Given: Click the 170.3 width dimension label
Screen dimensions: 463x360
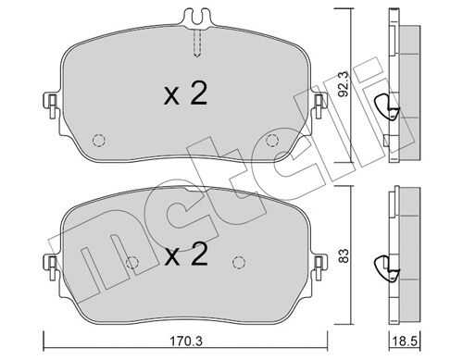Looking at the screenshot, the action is pos(186,341).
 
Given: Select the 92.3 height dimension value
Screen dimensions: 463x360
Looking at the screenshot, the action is pos(343,84).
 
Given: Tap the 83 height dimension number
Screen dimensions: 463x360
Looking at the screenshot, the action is pos(344,255).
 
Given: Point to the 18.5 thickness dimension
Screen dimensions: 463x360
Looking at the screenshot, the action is pos(405,341).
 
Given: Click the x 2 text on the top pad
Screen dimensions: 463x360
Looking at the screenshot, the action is pos(185,94).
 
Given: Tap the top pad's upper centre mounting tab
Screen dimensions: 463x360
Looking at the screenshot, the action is pos(196,18).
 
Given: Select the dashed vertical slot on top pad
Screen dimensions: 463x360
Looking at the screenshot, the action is pos(197,43).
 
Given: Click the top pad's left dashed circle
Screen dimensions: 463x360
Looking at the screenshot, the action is pos(99,141).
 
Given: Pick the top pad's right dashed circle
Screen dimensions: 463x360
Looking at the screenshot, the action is pos(272,141).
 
